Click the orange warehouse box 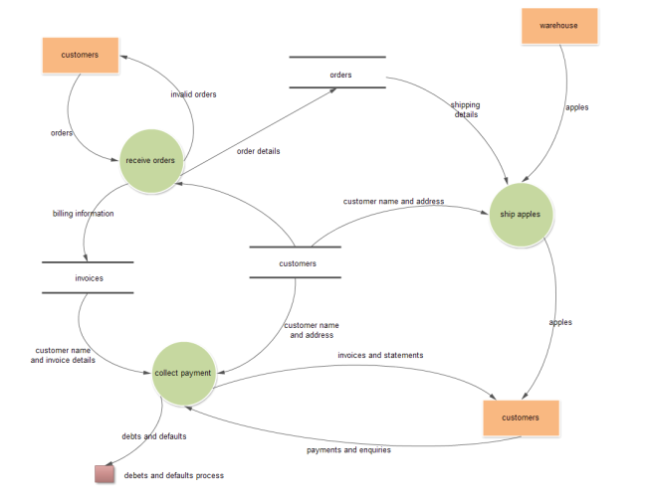[x=558, y=25]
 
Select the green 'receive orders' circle [x=151, y=160]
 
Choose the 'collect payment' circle [x=183, y=373]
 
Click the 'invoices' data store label [x=89, y=278]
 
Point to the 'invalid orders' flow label [x=193, y=94]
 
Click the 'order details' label [x=258, y=151]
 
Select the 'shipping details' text [x=464, y=108]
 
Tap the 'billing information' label [x=83, y=213]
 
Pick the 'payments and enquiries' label [x=347, y=449]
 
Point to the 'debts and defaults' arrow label [x=153, y=435]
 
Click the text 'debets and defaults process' [x=173, y=475]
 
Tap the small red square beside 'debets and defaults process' [x=105, y=474]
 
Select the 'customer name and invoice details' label [x=64, y=356]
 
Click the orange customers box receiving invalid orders [x=80, y=55]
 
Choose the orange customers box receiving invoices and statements [x=521, y=417]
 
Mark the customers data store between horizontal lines [x=297, y=263]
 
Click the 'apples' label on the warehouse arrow [x=576, y=106]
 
